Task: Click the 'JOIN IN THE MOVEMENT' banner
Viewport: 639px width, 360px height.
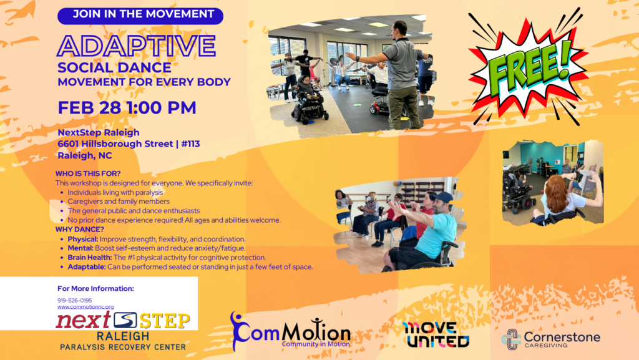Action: pos(140,14)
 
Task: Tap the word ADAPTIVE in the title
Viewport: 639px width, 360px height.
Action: pos(137,46)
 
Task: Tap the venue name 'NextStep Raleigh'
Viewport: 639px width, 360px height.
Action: pos(99,132)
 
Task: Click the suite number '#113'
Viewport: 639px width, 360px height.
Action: pos(188,144)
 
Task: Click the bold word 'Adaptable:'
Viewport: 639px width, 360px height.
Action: pos(86,266)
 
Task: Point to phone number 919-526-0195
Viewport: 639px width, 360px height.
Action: pos(74,300)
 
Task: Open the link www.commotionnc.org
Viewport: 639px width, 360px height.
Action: pos(85,306)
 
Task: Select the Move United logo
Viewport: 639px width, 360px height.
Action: pos(436,334)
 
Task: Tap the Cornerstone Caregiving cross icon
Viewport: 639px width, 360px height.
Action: pos(510,339)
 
